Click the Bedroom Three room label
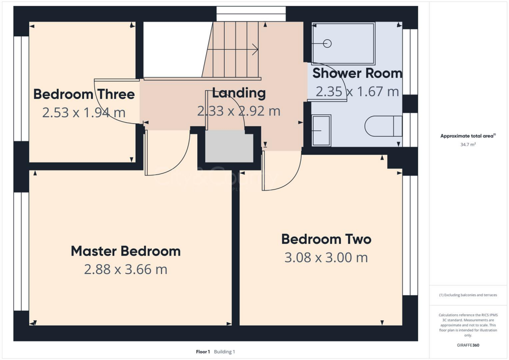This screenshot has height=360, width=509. [84, 94]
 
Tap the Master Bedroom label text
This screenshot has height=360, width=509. [125, 251]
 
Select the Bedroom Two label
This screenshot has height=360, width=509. [326, 239]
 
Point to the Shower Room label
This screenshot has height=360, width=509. [357, 73]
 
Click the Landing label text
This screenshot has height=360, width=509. [239, 93]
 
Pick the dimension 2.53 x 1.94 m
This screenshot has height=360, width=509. [84, 113]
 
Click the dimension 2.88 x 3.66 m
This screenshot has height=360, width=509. [125, 270]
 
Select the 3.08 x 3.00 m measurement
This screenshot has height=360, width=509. [326, 258]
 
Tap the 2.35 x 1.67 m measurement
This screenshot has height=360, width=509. [357, 91]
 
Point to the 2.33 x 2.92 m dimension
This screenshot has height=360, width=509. [239, 111]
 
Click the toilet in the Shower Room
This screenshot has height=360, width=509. [383, 126]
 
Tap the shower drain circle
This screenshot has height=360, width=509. [327, 44]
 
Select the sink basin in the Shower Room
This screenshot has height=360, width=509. [321, 130]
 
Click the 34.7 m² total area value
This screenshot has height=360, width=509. [467, 144]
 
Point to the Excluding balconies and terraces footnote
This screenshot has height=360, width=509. [468, 295]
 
